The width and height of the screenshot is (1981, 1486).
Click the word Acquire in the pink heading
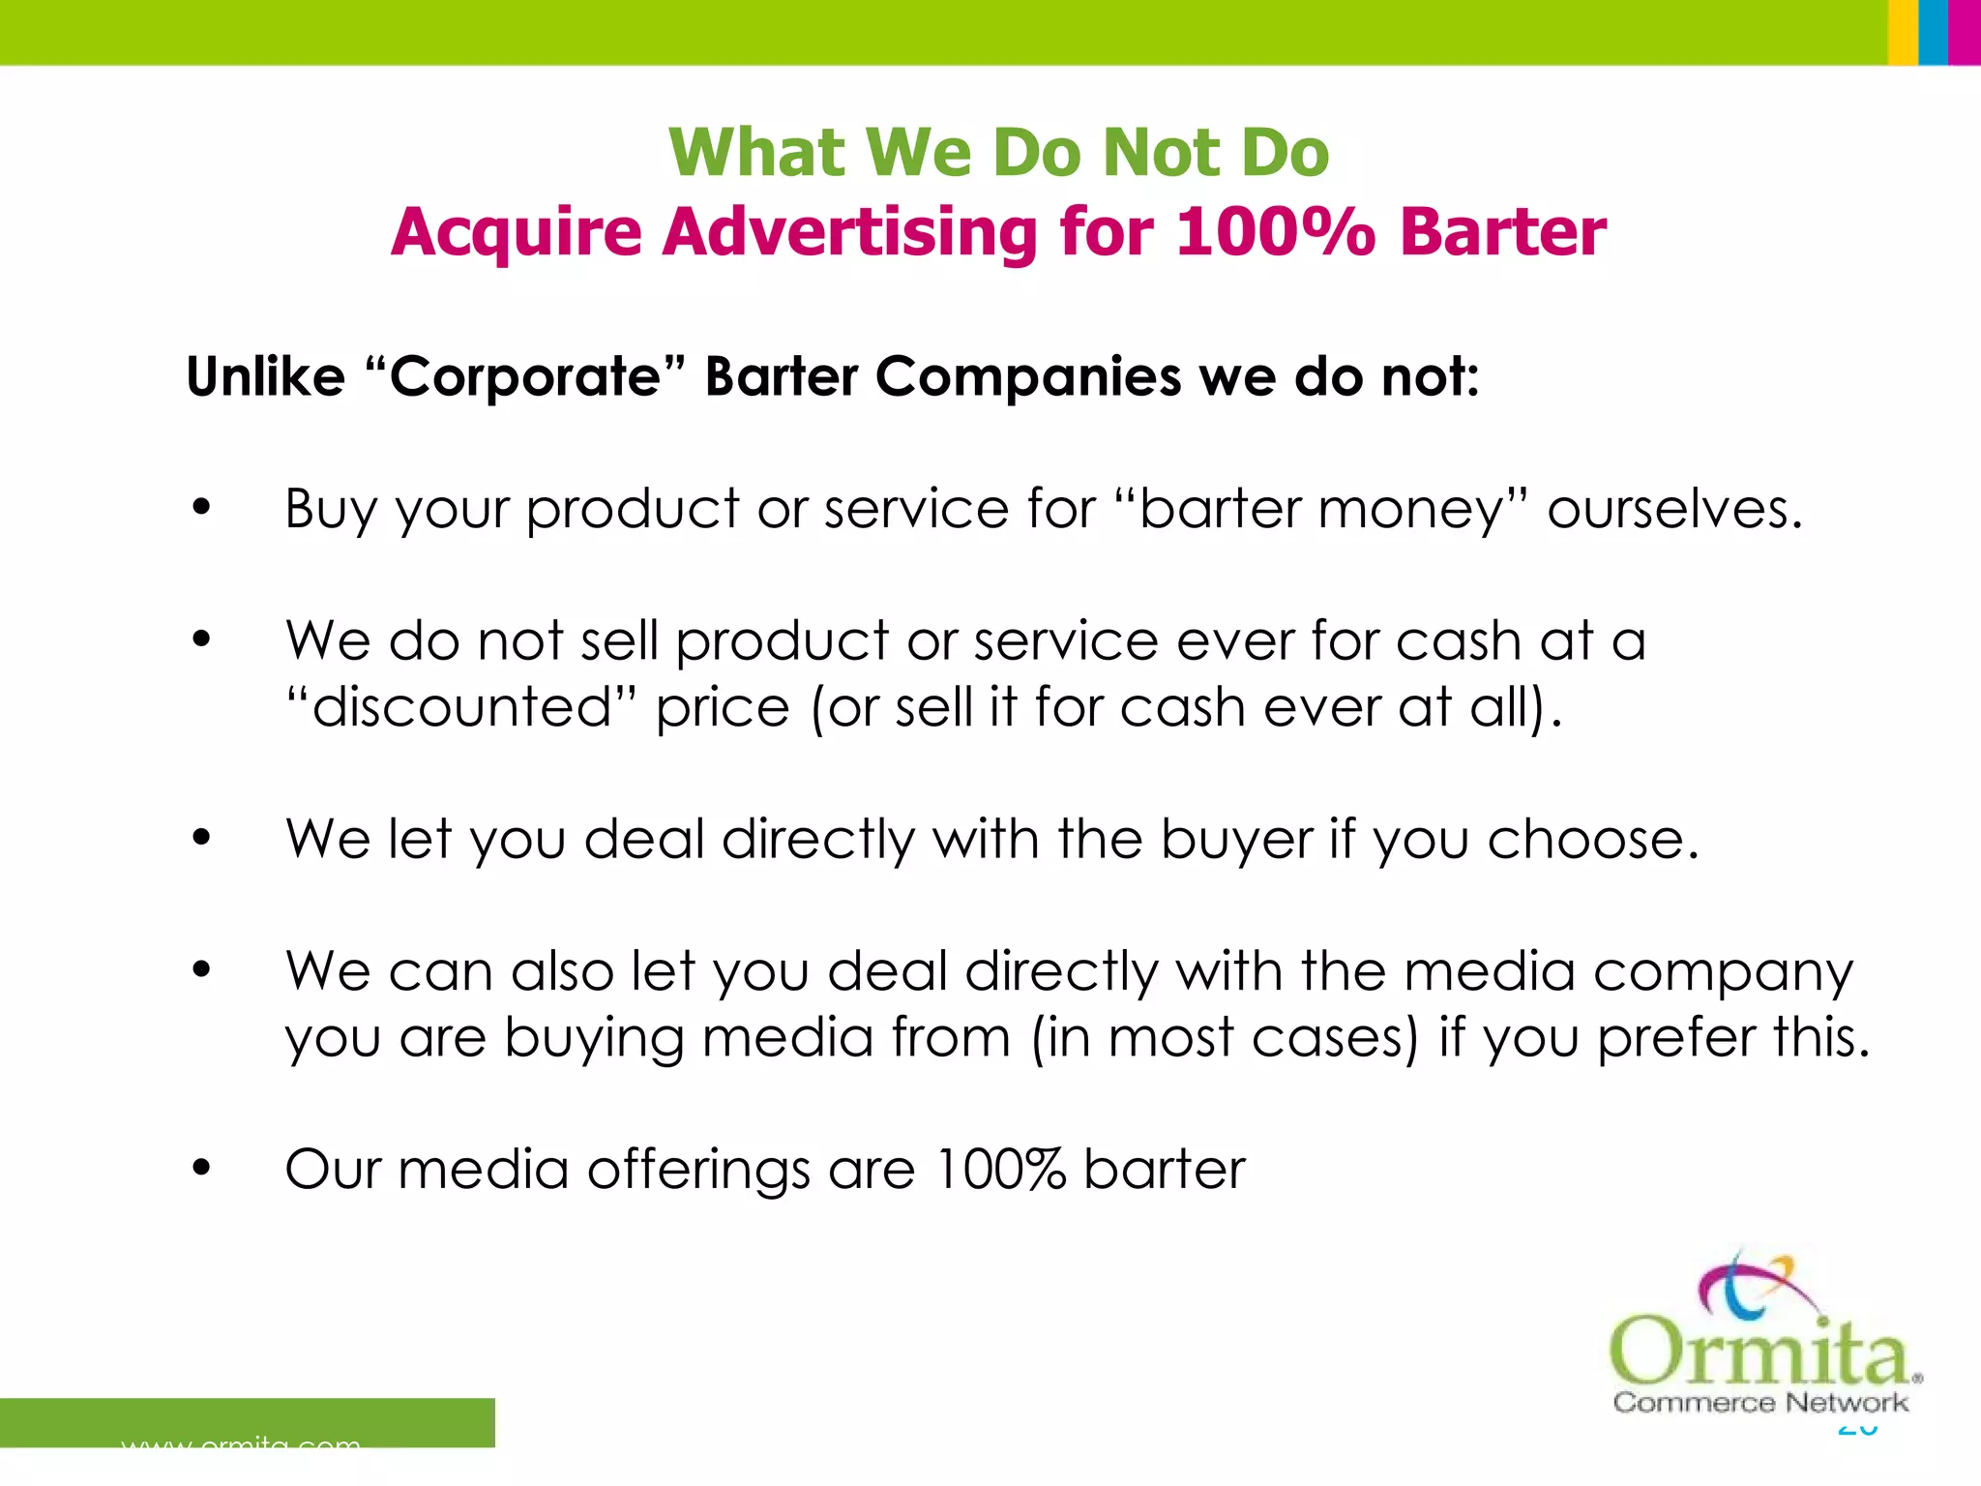coord(517,233)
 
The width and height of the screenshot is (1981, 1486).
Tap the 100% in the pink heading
coord(1275,233)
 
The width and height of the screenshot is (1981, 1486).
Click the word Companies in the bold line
coord(1028,376)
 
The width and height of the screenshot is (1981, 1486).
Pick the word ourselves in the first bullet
coord(1674,509)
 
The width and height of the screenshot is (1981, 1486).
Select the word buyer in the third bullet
coord(1236,839)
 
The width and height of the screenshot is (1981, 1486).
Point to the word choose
coord(1592,839)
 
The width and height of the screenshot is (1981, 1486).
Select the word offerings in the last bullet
coord(698,1170)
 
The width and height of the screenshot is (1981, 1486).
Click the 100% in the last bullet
coord(1001,1170)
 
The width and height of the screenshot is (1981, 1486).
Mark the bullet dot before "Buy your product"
coord(201,507)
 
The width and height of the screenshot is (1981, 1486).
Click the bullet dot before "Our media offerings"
coord(201,1168)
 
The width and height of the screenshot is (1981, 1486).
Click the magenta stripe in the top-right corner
coord(1965,32)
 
